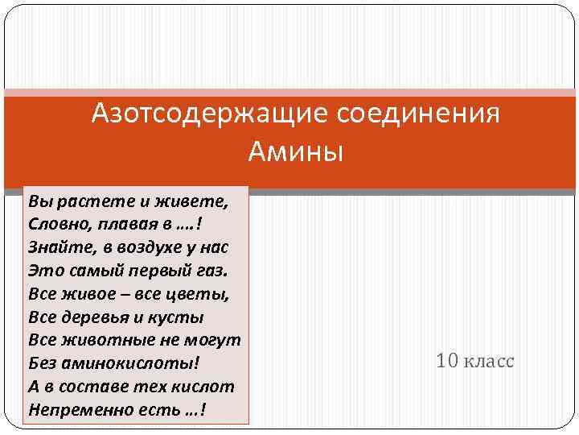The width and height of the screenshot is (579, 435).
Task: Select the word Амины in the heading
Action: [x=295, y=151]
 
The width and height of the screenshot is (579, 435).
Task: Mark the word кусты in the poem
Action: [x=179, y=316]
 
